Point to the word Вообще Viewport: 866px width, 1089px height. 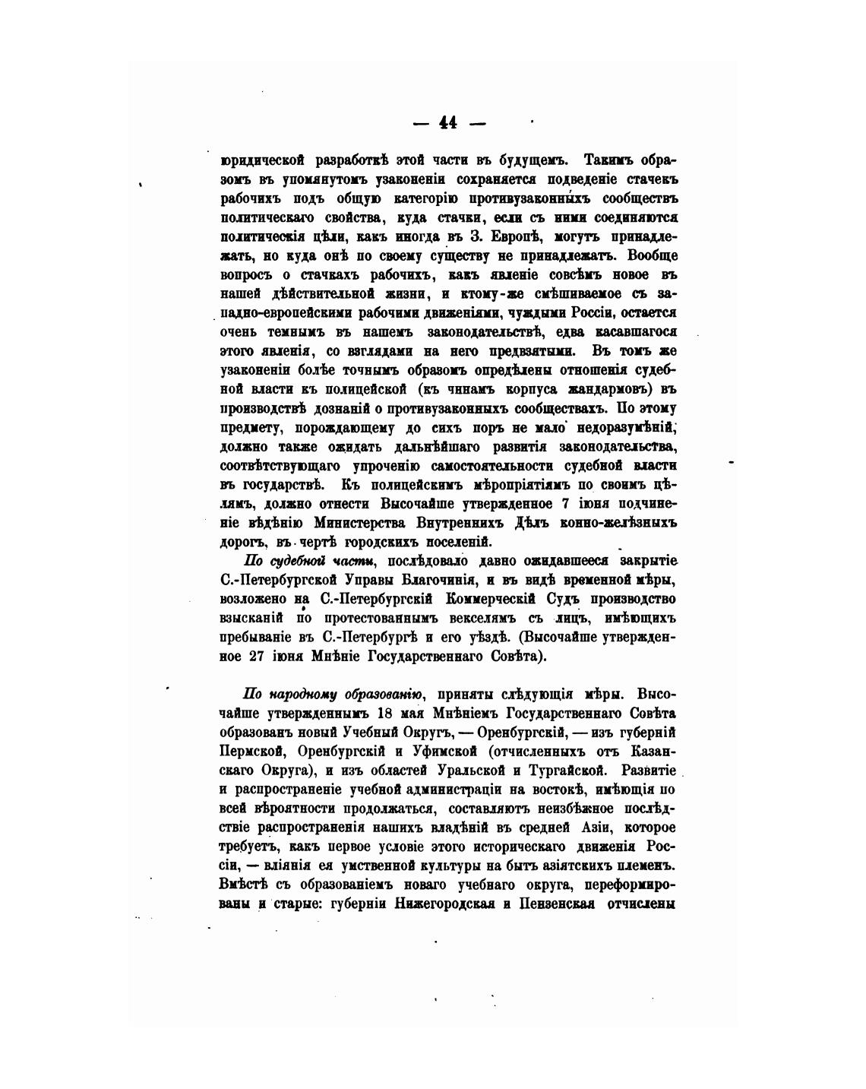pos(653,256)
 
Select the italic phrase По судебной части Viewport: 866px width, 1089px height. pos(308,561)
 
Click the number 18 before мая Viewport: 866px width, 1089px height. pos(381,714)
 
